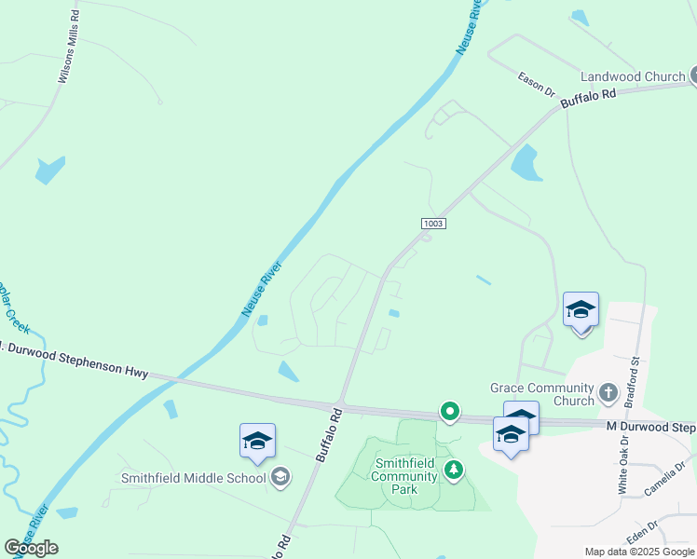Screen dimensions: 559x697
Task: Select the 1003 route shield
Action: pyautogui.click(x=433, y=224)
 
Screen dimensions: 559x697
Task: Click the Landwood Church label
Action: pyautogui.click(x=633, y=76)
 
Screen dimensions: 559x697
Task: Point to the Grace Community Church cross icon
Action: pyautogui.click(x=608, y=392)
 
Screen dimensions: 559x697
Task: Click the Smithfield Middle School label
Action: pyautogui.click(x=193, y=479)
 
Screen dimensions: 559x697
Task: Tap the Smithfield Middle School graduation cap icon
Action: pyautogui.click(x=280, y=479)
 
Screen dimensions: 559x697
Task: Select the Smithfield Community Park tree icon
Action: pyautogui.click(x=454, y=469)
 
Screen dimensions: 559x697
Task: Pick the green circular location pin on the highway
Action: pyautogui.click(x=450, y=411)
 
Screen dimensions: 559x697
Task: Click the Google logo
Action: pyautogui.click(x=31, y=548)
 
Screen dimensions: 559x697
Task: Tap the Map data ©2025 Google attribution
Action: pyautogui.click(x=639, y=552)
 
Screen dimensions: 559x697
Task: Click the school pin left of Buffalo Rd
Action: pyautogui.click(x=257, y=441)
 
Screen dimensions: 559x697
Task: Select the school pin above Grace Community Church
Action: pyautogui.click(x=581, y=310)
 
